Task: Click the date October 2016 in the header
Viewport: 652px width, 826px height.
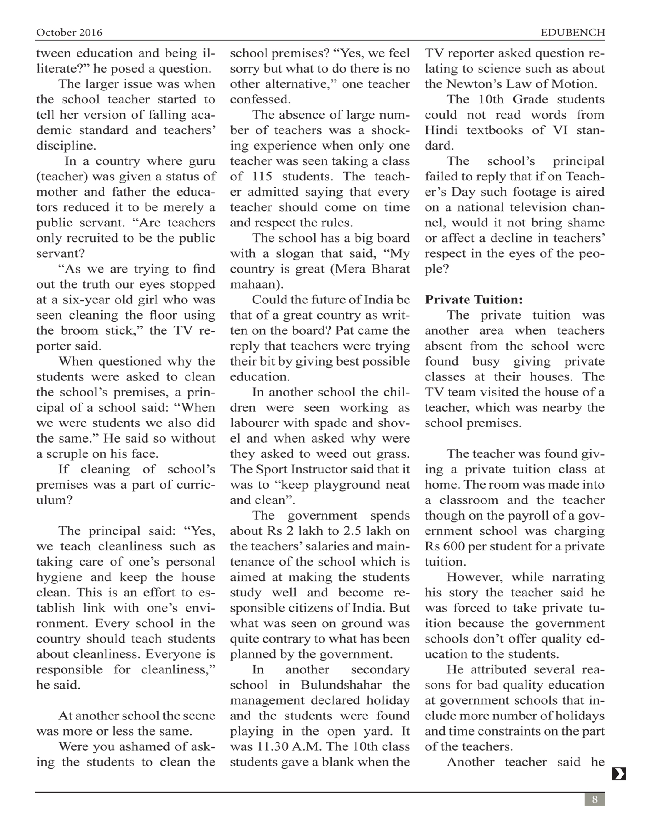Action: (69, 33)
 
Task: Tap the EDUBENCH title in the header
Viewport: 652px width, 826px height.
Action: (572, 33)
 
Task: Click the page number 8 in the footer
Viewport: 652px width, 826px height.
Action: (595, 799)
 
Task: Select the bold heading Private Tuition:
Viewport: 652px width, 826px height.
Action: (474, 300)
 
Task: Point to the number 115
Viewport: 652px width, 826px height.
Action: (262, 177)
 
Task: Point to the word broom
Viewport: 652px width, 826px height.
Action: (79, 331)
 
